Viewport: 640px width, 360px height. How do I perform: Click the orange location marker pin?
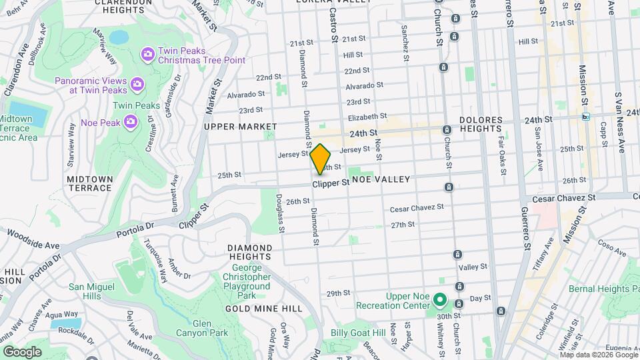coord(321,159)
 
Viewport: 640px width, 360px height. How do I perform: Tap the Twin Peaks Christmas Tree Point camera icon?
coord(147,53)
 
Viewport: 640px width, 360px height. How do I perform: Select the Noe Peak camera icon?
coord(131,122)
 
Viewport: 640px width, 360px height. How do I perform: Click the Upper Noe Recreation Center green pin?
coord(439,300)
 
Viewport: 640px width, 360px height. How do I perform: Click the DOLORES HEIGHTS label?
coord(480,125)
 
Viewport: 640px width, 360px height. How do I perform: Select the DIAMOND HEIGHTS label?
coord(249,253)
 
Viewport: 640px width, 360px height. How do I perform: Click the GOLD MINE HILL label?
coord(263,309)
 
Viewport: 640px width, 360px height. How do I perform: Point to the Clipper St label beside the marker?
coord(331,182)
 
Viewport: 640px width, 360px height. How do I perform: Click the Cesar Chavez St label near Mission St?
coord(563,198)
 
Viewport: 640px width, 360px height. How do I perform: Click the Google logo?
coord(22,351)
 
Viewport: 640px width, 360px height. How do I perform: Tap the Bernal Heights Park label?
coord(603,289)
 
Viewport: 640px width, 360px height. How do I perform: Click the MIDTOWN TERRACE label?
coord(89,183)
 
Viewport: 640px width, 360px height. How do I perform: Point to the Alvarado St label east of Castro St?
coord(364,86)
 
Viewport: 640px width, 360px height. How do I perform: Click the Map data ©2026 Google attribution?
coord(598,355)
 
